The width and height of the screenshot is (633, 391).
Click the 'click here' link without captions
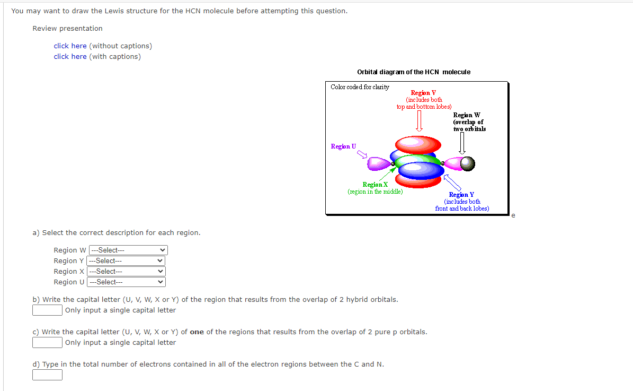[x=70, y=46]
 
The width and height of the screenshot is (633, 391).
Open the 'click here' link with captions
[x=70, y=57]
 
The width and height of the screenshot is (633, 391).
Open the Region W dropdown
[x=128, y=250]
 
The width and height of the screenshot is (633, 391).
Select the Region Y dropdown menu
[x=126, y=261]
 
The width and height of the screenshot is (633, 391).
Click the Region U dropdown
[x=126, y=282]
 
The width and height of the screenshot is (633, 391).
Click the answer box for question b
[x=48, y=310]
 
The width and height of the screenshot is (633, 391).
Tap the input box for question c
[x=48, y=343]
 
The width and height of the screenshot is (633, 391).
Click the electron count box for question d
[x=48, y=375]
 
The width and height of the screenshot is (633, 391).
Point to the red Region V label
[x=423, y=93]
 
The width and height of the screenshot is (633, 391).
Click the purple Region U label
[x=343, y=146]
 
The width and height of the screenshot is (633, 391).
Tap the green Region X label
[x=375, y=185]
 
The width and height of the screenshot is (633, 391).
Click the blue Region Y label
[x=461, y=195]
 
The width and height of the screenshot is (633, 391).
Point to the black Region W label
[x=466, y=115]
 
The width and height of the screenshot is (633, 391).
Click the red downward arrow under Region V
[x=419, y=121]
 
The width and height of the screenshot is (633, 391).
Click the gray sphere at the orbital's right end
[x=468, y=164]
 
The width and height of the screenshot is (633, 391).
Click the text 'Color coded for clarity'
[x=360, y=87]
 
